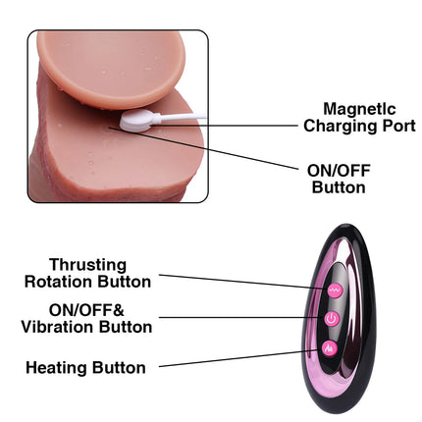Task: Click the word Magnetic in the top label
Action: (x=359, y=110)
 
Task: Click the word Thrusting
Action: (x=88, y=266)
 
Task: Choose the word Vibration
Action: (x=58, y=327)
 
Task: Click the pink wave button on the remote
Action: (x=335, y=290)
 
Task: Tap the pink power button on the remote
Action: (x=332, y=319)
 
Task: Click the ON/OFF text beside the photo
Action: (x=339, y=171)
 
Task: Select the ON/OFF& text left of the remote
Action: (x=86, y=310)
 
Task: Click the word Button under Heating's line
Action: (x=119, y=368)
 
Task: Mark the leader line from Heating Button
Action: (x=238, y=358)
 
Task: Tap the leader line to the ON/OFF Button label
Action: (x=203, y=148)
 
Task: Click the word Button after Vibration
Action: (x=126, y=327)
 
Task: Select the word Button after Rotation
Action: (x=124, y=282)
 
